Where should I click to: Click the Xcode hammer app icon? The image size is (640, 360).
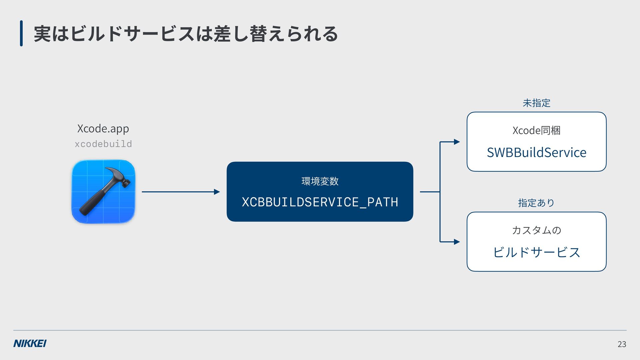click(103, 192)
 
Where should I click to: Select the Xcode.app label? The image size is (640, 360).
click(103, 128)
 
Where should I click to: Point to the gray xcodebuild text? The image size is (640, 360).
click(103, 144)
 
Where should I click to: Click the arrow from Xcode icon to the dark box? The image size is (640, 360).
click(181, 192)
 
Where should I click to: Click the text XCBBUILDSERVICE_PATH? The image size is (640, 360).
click(320, 202)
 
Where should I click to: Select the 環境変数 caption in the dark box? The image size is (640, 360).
click(320, 181)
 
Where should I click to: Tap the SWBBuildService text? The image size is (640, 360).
click(537, 152)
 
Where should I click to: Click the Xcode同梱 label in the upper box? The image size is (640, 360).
click(537, 130)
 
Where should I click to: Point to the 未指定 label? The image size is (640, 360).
click(537, 103)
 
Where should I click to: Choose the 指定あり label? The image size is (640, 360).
click(536, 203)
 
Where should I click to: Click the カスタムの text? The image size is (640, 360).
click(537, 230)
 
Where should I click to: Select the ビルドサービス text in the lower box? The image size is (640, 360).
click(537, 252)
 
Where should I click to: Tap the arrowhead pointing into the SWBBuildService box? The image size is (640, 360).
click(457, 142)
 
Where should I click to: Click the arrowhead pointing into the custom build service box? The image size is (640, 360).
click(457, 242)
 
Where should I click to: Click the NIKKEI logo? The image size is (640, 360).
click(30, 343)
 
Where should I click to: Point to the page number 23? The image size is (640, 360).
click(622, 344)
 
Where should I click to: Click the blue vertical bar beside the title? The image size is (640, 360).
click(21, 33)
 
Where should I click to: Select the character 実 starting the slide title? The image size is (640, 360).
click(43, 34)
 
